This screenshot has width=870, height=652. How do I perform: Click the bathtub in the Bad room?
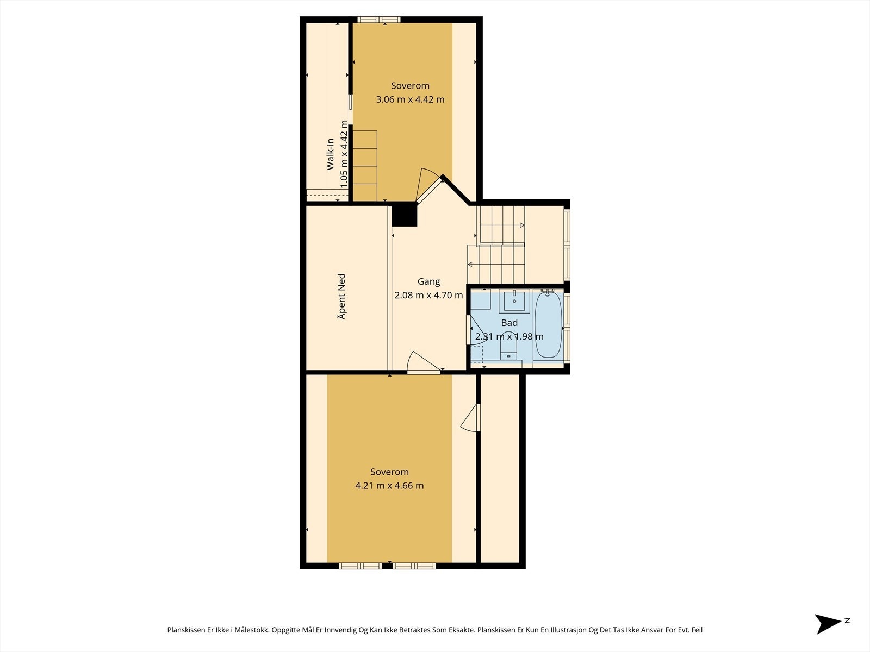click(x=547, y=325)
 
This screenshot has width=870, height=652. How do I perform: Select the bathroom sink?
click(x=514, y=300)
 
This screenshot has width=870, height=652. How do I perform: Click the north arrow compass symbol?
click(x=829, y=623)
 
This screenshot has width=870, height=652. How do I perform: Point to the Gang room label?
click(x=428, y=281)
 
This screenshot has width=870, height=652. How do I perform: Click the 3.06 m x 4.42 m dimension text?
click(x=410, y=99)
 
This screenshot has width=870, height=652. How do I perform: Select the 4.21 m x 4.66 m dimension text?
click(x=389, y=486)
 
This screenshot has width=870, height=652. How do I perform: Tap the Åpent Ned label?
click(x=341, y=296)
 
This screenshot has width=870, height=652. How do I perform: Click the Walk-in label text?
click(x=330, y=154)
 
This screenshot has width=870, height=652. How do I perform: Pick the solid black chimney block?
click(x=404, y=214)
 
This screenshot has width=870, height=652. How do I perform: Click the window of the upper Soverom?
click(x=379, y=20)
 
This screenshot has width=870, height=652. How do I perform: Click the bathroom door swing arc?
click(x=477, y=333)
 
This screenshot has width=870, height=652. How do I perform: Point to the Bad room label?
click(x=509, y=323)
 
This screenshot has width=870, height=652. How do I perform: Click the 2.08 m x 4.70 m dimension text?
click(x=428, y=296)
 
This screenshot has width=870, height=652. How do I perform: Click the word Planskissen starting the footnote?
click(x=187, y=630)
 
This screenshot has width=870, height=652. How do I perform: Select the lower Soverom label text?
click(x=389, y=472)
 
